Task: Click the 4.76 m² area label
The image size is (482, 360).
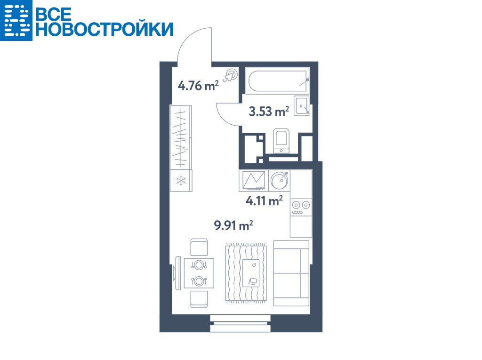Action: [x=198, y=85]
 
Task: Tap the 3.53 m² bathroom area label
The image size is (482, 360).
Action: [x=269, y=111]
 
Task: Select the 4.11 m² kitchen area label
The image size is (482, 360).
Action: [x=265, y=201]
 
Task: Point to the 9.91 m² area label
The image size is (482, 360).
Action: [x=233, y=225]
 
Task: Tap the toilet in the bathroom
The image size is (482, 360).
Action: [x=281, y=141]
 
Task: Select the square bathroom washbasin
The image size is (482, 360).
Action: [x=302, y=106]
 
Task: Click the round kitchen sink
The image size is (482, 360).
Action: [x=280, y=180]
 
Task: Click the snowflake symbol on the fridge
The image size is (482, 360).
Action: [x=181, y=180]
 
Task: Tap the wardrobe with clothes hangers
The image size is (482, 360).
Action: [x=181, y=137]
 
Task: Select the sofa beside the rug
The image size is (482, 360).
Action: [x=291, y=273]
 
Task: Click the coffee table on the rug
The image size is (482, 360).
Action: [x=251, y=273]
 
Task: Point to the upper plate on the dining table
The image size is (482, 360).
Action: [x=199, y=264]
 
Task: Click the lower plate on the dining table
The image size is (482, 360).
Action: [x=199, y=280]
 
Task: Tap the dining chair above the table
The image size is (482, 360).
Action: [x=199, y=247]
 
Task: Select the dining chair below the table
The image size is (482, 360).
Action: [x=199, y=299]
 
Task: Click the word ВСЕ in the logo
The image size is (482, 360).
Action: [x=54, y=14]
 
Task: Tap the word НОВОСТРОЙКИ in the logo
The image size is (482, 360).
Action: [x=104, y=29]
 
